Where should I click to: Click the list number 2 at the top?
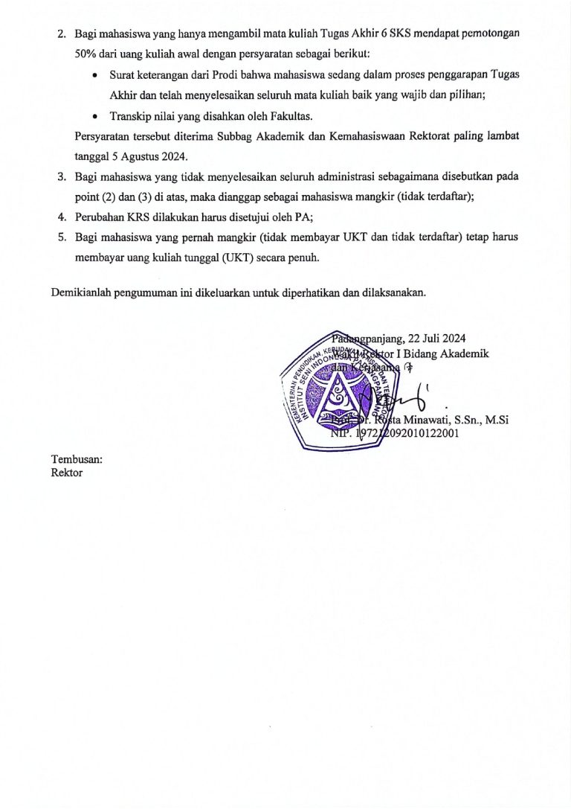[x=62, y=34]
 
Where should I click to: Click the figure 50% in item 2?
[x=89, y=55]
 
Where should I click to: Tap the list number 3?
[x=62, y=177]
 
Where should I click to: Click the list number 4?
[x=62, y=218]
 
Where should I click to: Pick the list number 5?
[x=62, y=238]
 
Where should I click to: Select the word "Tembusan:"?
[x=77, y=459]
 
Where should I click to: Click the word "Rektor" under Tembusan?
[x=67, y=473]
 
